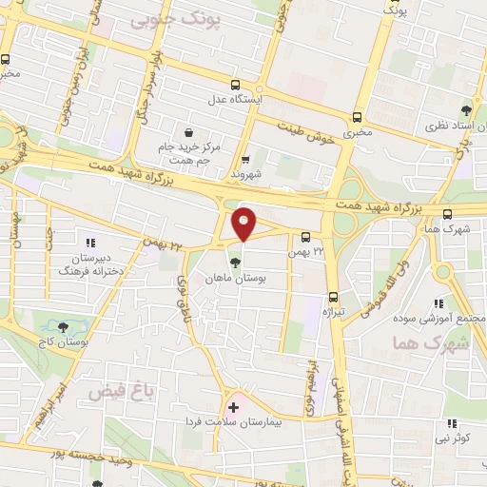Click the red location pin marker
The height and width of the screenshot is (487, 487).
(x=244, y=224)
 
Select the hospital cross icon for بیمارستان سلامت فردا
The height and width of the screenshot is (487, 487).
(x=234, y=407)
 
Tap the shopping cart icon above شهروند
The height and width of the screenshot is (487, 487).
(x=245, y=160)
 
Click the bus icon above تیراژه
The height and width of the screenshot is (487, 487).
(x=333, y=297)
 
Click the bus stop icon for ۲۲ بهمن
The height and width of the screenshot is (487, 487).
(x=305, y=237)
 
